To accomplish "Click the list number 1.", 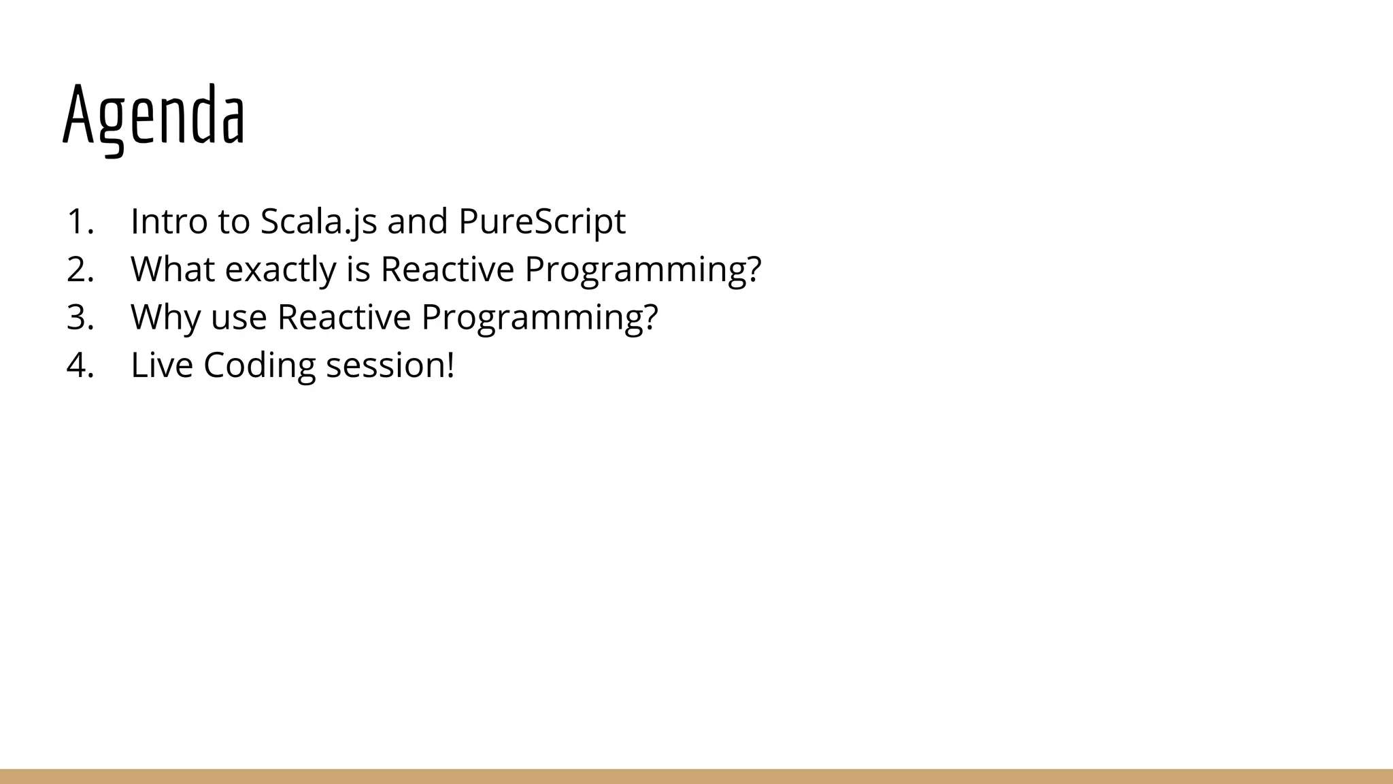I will click(80, 222).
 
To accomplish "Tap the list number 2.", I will click(80, 269).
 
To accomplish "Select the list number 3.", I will click(80, 317).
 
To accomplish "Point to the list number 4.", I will click(80, 365).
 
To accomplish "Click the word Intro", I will click(169, 222).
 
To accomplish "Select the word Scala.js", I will click(318, 222).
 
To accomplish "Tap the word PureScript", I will click(541, 222).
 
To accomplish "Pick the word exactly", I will click(280, 269).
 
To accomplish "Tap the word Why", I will click(165, 318).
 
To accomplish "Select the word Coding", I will click(259, 365).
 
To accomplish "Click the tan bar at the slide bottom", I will click(696, 777).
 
